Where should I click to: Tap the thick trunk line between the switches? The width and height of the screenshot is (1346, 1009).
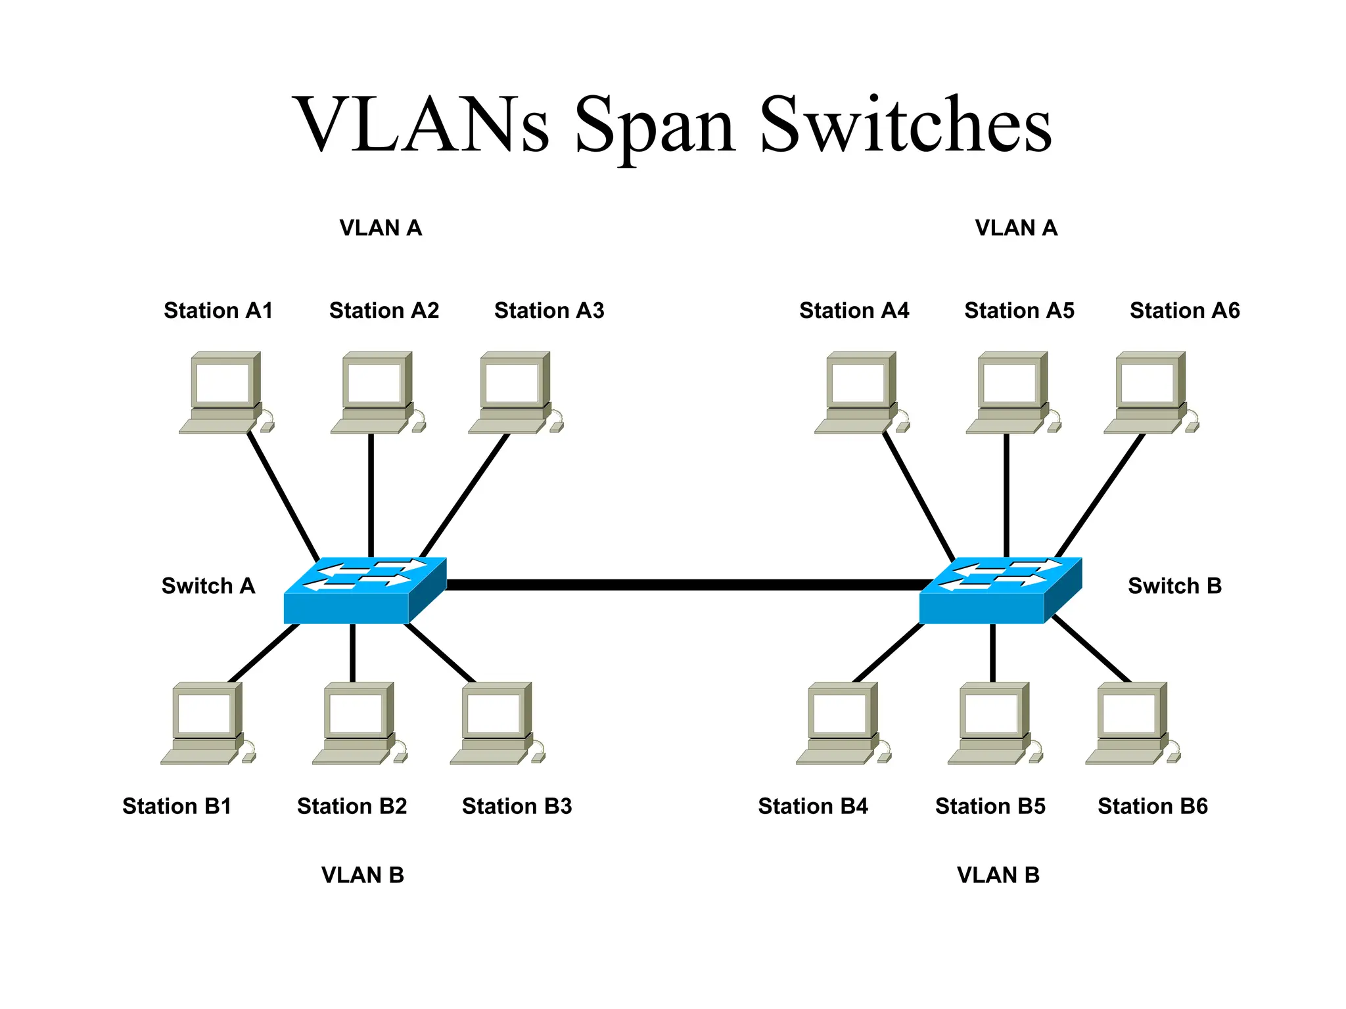(684, 585)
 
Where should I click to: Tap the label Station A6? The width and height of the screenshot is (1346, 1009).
(1184, 310)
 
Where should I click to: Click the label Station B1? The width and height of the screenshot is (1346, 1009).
(177, 806)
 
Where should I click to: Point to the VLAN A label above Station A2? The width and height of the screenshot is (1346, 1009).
(381, 228)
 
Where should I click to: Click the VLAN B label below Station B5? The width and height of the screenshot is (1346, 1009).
(998, 875)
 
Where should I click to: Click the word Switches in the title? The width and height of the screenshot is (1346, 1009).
(906, 125)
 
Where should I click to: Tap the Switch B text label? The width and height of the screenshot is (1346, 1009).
(1174, 585)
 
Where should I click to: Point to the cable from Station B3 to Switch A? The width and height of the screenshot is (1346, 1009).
(439, 652)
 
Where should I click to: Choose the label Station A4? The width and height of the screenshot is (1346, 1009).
(854, 310)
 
